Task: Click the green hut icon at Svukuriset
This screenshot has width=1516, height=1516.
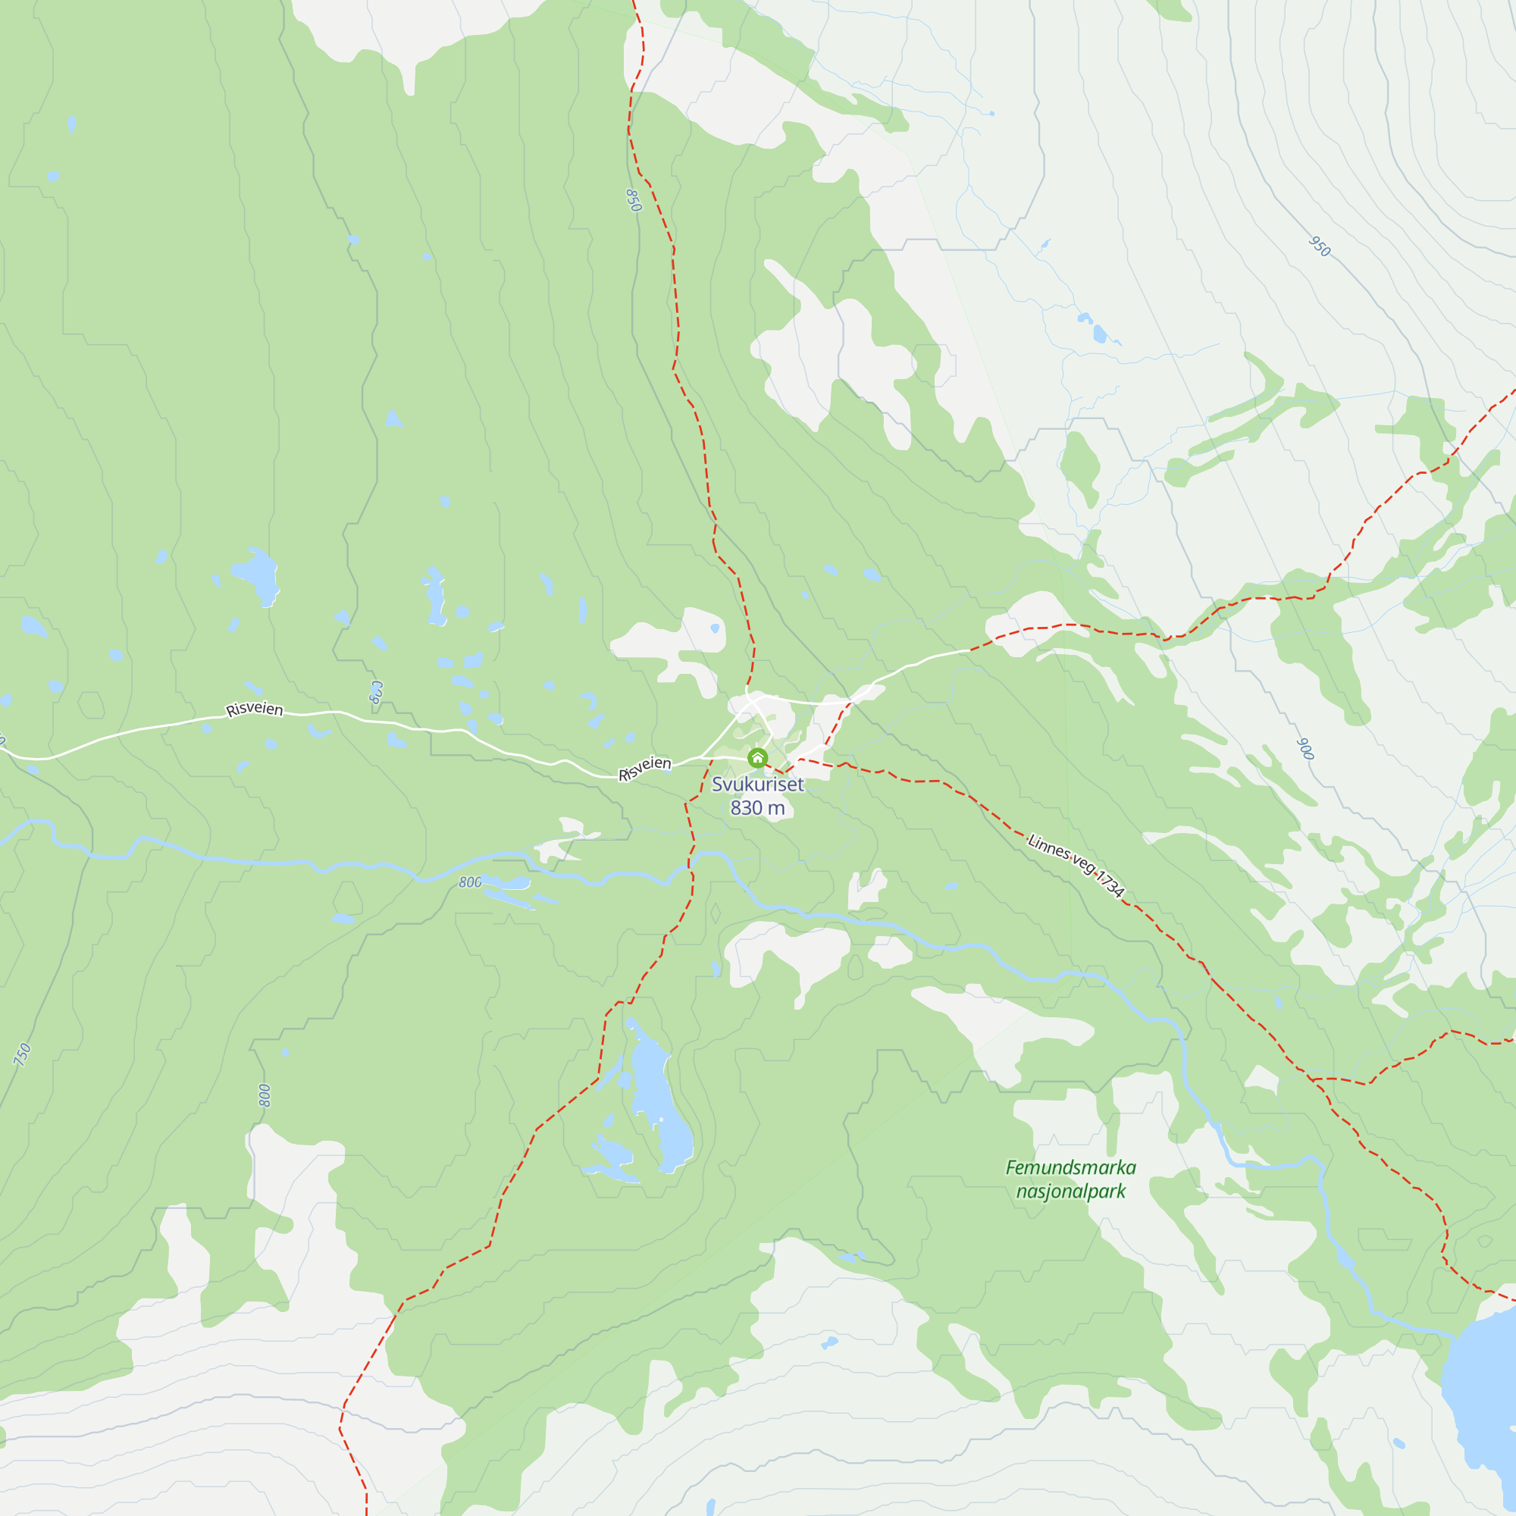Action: (x=757, y=758)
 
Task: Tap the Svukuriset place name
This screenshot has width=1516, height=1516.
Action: (x=757, y=784)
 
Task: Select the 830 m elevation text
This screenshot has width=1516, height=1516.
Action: (x=757, y=807)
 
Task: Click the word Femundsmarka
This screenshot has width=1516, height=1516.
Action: (x=1070, y=1167)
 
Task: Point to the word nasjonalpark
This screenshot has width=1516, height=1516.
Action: (x=1070, y=1191)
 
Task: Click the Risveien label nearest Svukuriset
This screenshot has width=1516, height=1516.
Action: (x=645, y=768)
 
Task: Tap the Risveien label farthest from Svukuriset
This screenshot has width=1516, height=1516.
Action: (x=254, y=709)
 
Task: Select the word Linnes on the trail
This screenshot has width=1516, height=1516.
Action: (x=1049, y=848)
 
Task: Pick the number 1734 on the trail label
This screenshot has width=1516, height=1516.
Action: (x=1110, y=885)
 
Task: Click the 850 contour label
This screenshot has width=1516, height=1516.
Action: (x=633, y=200)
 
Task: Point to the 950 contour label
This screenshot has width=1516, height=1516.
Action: (x=1320, y=246)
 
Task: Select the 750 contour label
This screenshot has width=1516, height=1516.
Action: (x=23, y=1054)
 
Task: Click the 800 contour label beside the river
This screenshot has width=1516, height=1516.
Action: (x=470, y=882)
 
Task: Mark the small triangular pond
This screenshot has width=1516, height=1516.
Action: (x=393, y=419)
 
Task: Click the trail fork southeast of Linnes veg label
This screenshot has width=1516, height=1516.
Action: (x=1311, y=1079)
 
